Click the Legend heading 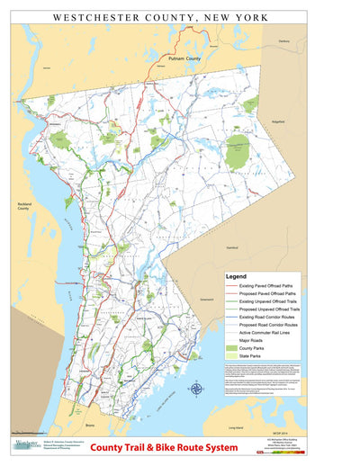[237, 276]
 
